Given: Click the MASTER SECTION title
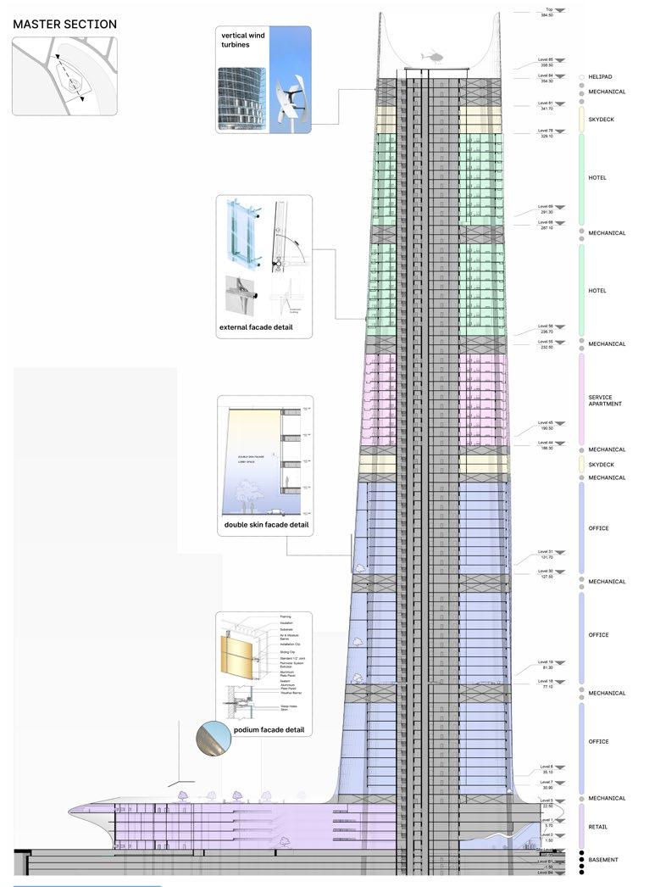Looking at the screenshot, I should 64,25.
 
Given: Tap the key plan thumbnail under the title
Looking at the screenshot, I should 64,76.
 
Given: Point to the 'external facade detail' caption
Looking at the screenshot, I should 256,326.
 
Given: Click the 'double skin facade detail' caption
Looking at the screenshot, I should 266,525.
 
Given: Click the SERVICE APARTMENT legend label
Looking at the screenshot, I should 605,399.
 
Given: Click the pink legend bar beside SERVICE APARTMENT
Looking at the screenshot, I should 580,399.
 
